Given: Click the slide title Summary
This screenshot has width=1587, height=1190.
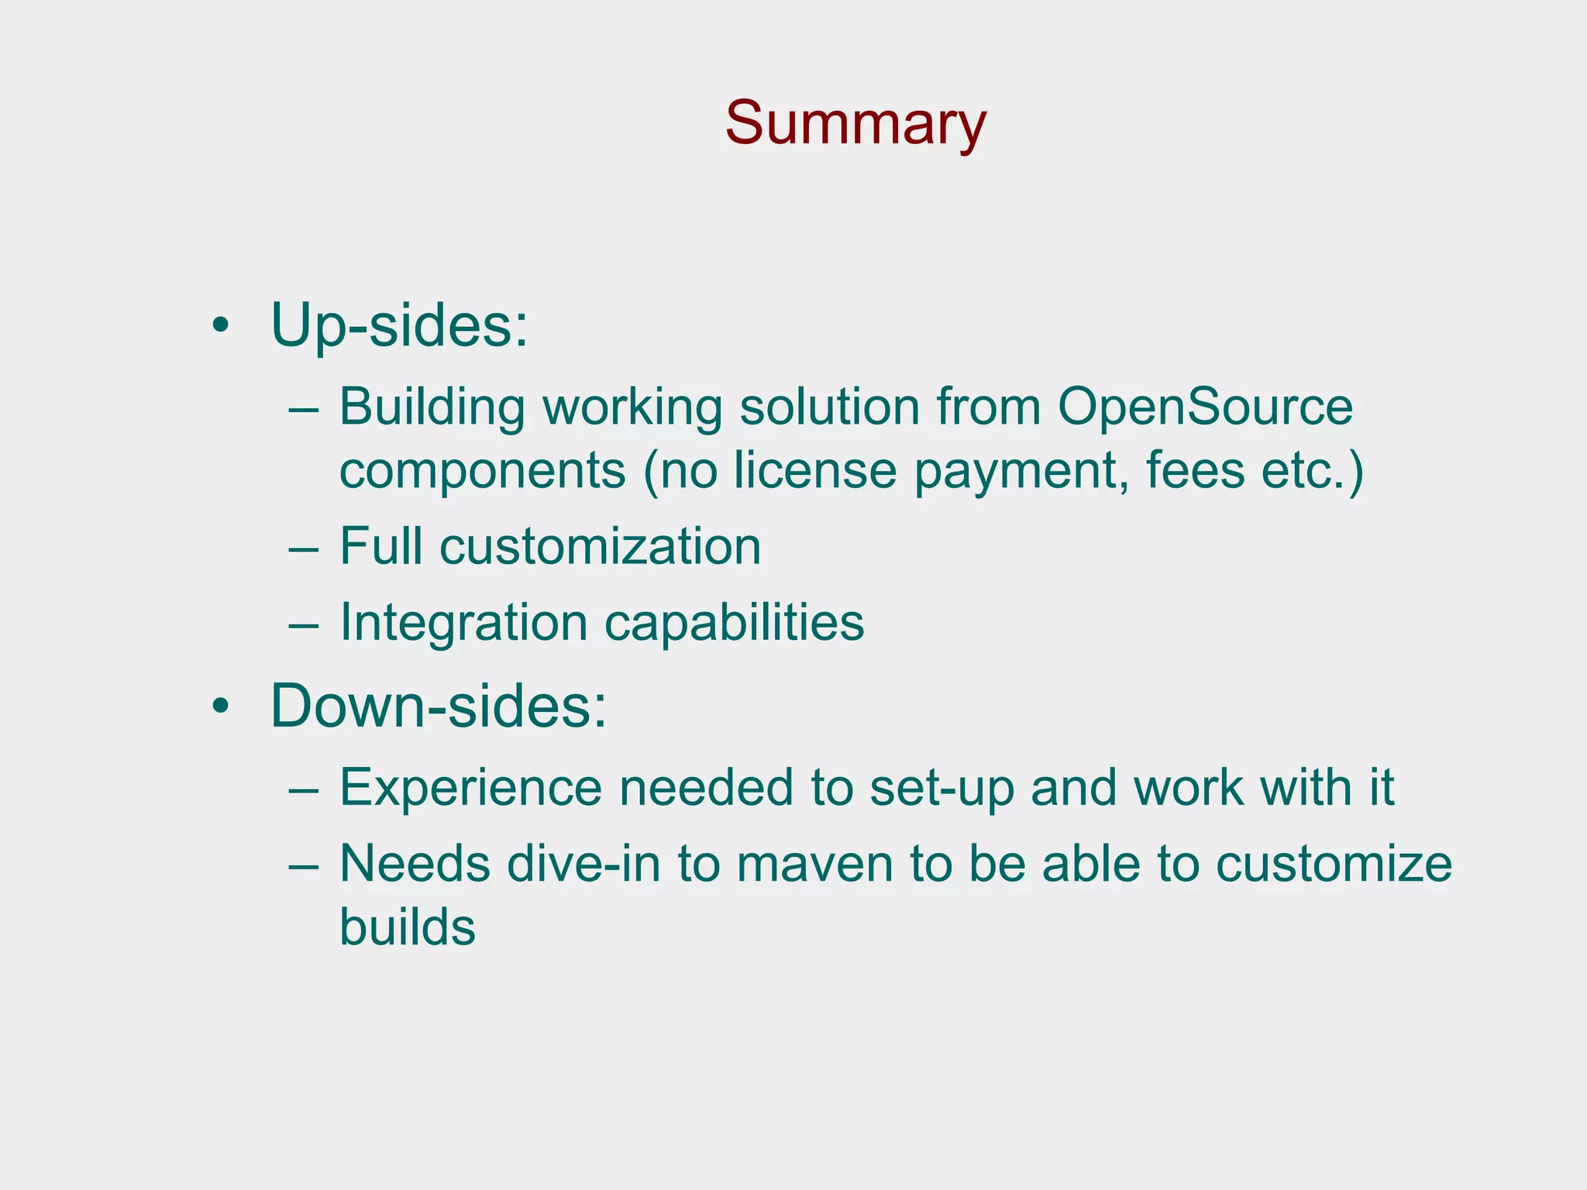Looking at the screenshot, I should tap(855, 124).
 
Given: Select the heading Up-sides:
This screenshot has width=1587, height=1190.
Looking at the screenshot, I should tap(399, 325).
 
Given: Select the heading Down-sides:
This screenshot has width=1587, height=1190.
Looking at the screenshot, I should tap(438, 707).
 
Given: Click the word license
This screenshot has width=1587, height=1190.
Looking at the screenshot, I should tap(815, 470).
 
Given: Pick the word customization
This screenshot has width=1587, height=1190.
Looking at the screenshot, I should tap(601, 546).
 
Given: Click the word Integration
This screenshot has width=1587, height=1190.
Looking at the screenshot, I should tap(464, 622).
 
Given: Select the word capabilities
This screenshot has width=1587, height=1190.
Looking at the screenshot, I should tap(734, 622).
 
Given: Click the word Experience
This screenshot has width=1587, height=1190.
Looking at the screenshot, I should tap(470, 788).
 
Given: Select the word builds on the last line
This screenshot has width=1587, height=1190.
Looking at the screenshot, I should tap(408, 927).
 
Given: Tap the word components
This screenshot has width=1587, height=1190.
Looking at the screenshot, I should tap(482, 470).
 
